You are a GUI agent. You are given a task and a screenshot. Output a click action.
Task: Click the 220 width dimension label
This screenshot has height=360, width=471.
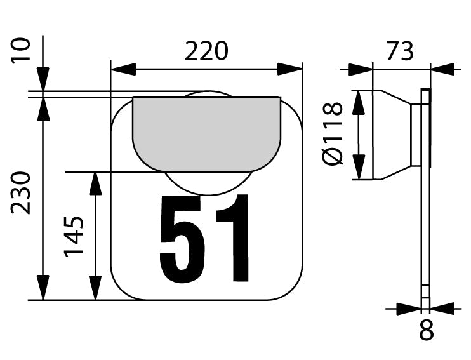click(x=206, y=51)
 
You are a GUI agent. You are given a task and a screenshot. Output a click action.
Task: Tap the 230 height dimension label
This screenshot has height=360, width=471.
click(x=22, y=193)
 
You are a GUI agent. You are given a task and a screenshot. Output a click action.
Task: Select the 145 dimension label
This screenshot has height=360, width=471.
click(x=75, y=236)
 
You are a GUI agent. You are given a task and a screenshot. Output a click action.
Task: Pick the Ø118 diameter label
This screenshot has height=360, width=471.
click(x=333, y=135)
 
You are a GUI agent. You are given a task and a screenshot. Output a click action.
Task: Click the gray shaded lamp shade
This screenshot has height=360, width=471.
click(x=206, y=130)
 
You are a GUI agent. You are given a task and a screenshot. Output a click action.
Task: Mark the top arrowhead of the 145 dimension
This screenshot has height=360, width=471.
click(x=95, y=183)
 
